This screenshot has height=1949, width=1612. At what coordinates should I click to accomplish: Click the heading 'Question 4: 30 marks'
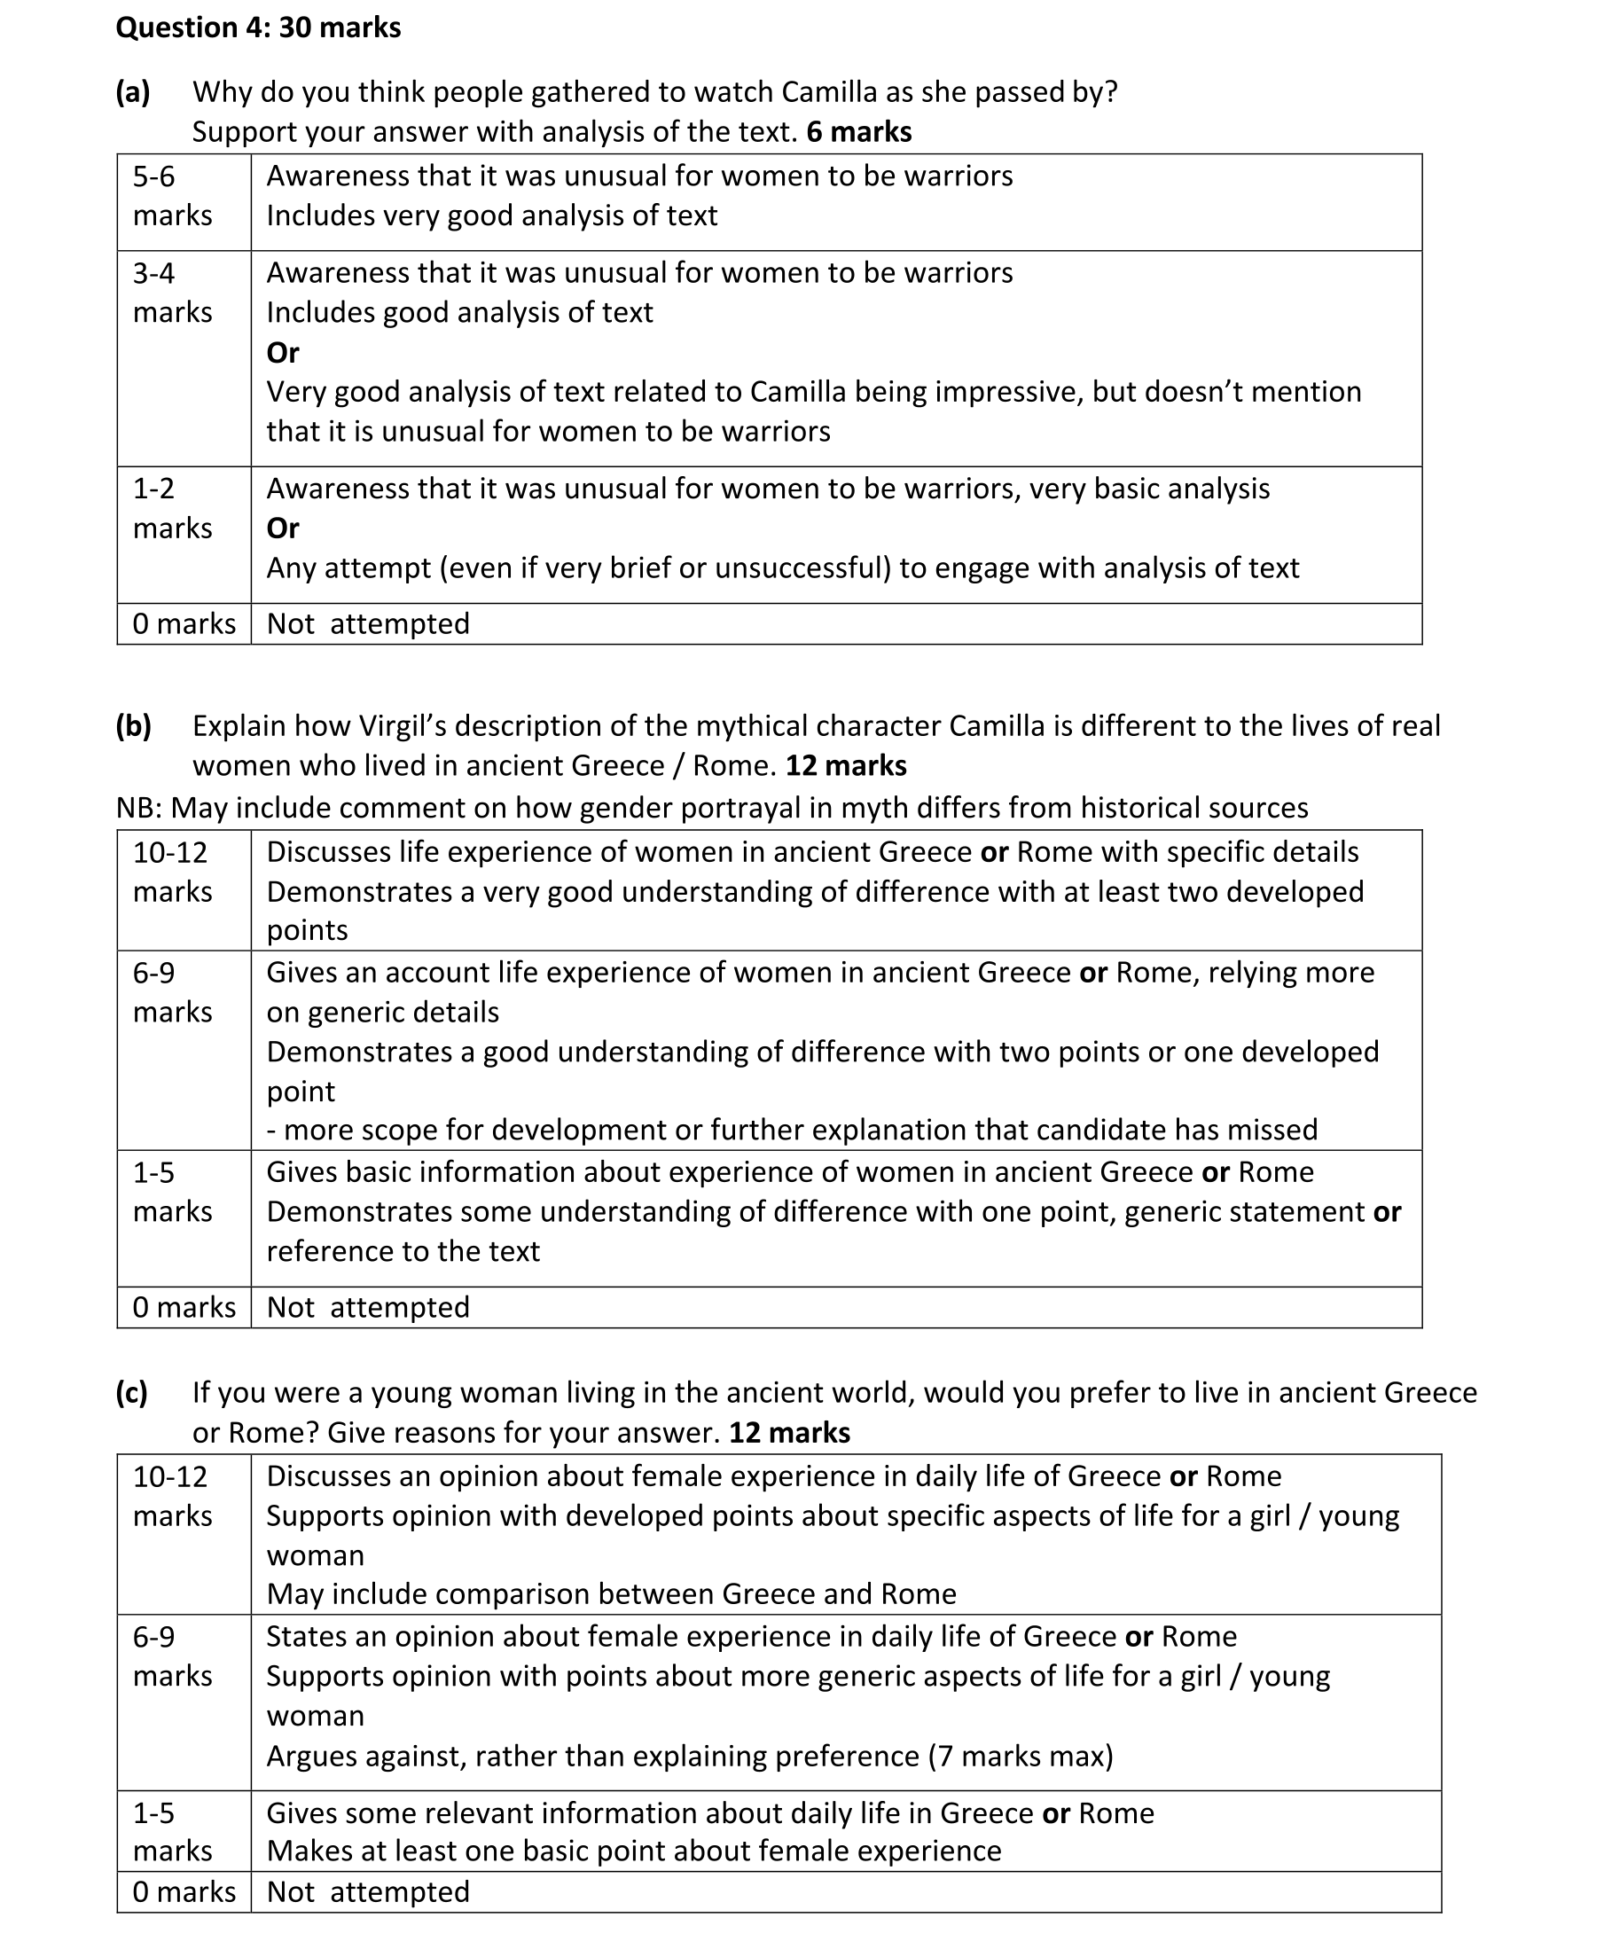pyautogui.click(x=258, y=27)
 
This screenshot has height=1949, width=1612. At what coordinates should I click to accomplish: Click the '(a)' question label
pyautogui.click(x=133, y=92)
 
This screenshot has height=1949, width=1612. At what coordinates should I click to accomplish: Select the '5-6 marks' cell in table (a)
pyautogui.click(x=173, y=196)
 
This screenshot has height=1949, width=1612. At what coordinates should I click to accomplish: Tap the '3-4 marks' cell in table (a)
pyautogui.click(x=173, y=293)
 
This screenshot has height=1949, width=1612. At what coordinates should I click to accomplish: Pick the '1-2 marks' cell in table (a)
pyautogui.click(x=173, y=509)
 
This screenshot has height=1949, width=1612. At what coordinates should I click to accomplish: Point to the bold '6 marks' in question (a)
pyautogui.click(x=858, y=132)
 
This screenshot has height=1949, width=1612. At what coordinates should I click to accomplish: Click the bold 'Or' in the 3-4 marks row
pyautogui.click(x=282, y=353)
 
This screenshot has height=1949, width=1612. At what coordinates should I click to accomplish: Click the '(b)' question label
pyautogui.click(x=134, y=725)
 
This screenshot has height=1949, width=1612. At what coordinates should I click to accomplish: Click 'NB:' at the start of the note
pyautogui.click(x=138, y=808)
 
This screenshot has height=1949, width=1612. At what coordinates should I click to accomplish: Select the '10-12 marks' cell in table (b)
pyautogui.click(x=173, y=872)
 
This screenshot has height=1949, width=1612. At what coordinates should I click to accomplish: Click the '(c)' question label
pyautogui.click(x=132, y=1392)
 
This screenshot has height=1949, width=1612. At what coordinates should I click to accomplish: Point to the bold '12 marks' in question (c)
pyautogui.click(x=789, y=1432)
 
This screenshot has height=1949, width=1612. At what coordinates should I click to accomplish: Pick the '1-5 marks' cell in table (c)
pyautogui.click(x=173, y=1831)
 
